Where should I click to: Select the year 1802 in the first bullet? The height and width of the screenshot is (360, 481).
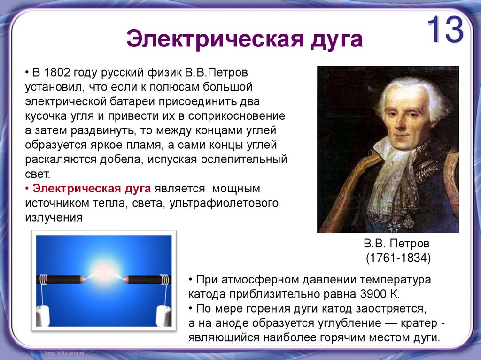point(57,74)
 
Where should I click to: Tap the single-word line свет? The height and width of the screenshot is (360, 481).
point(37,174)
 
